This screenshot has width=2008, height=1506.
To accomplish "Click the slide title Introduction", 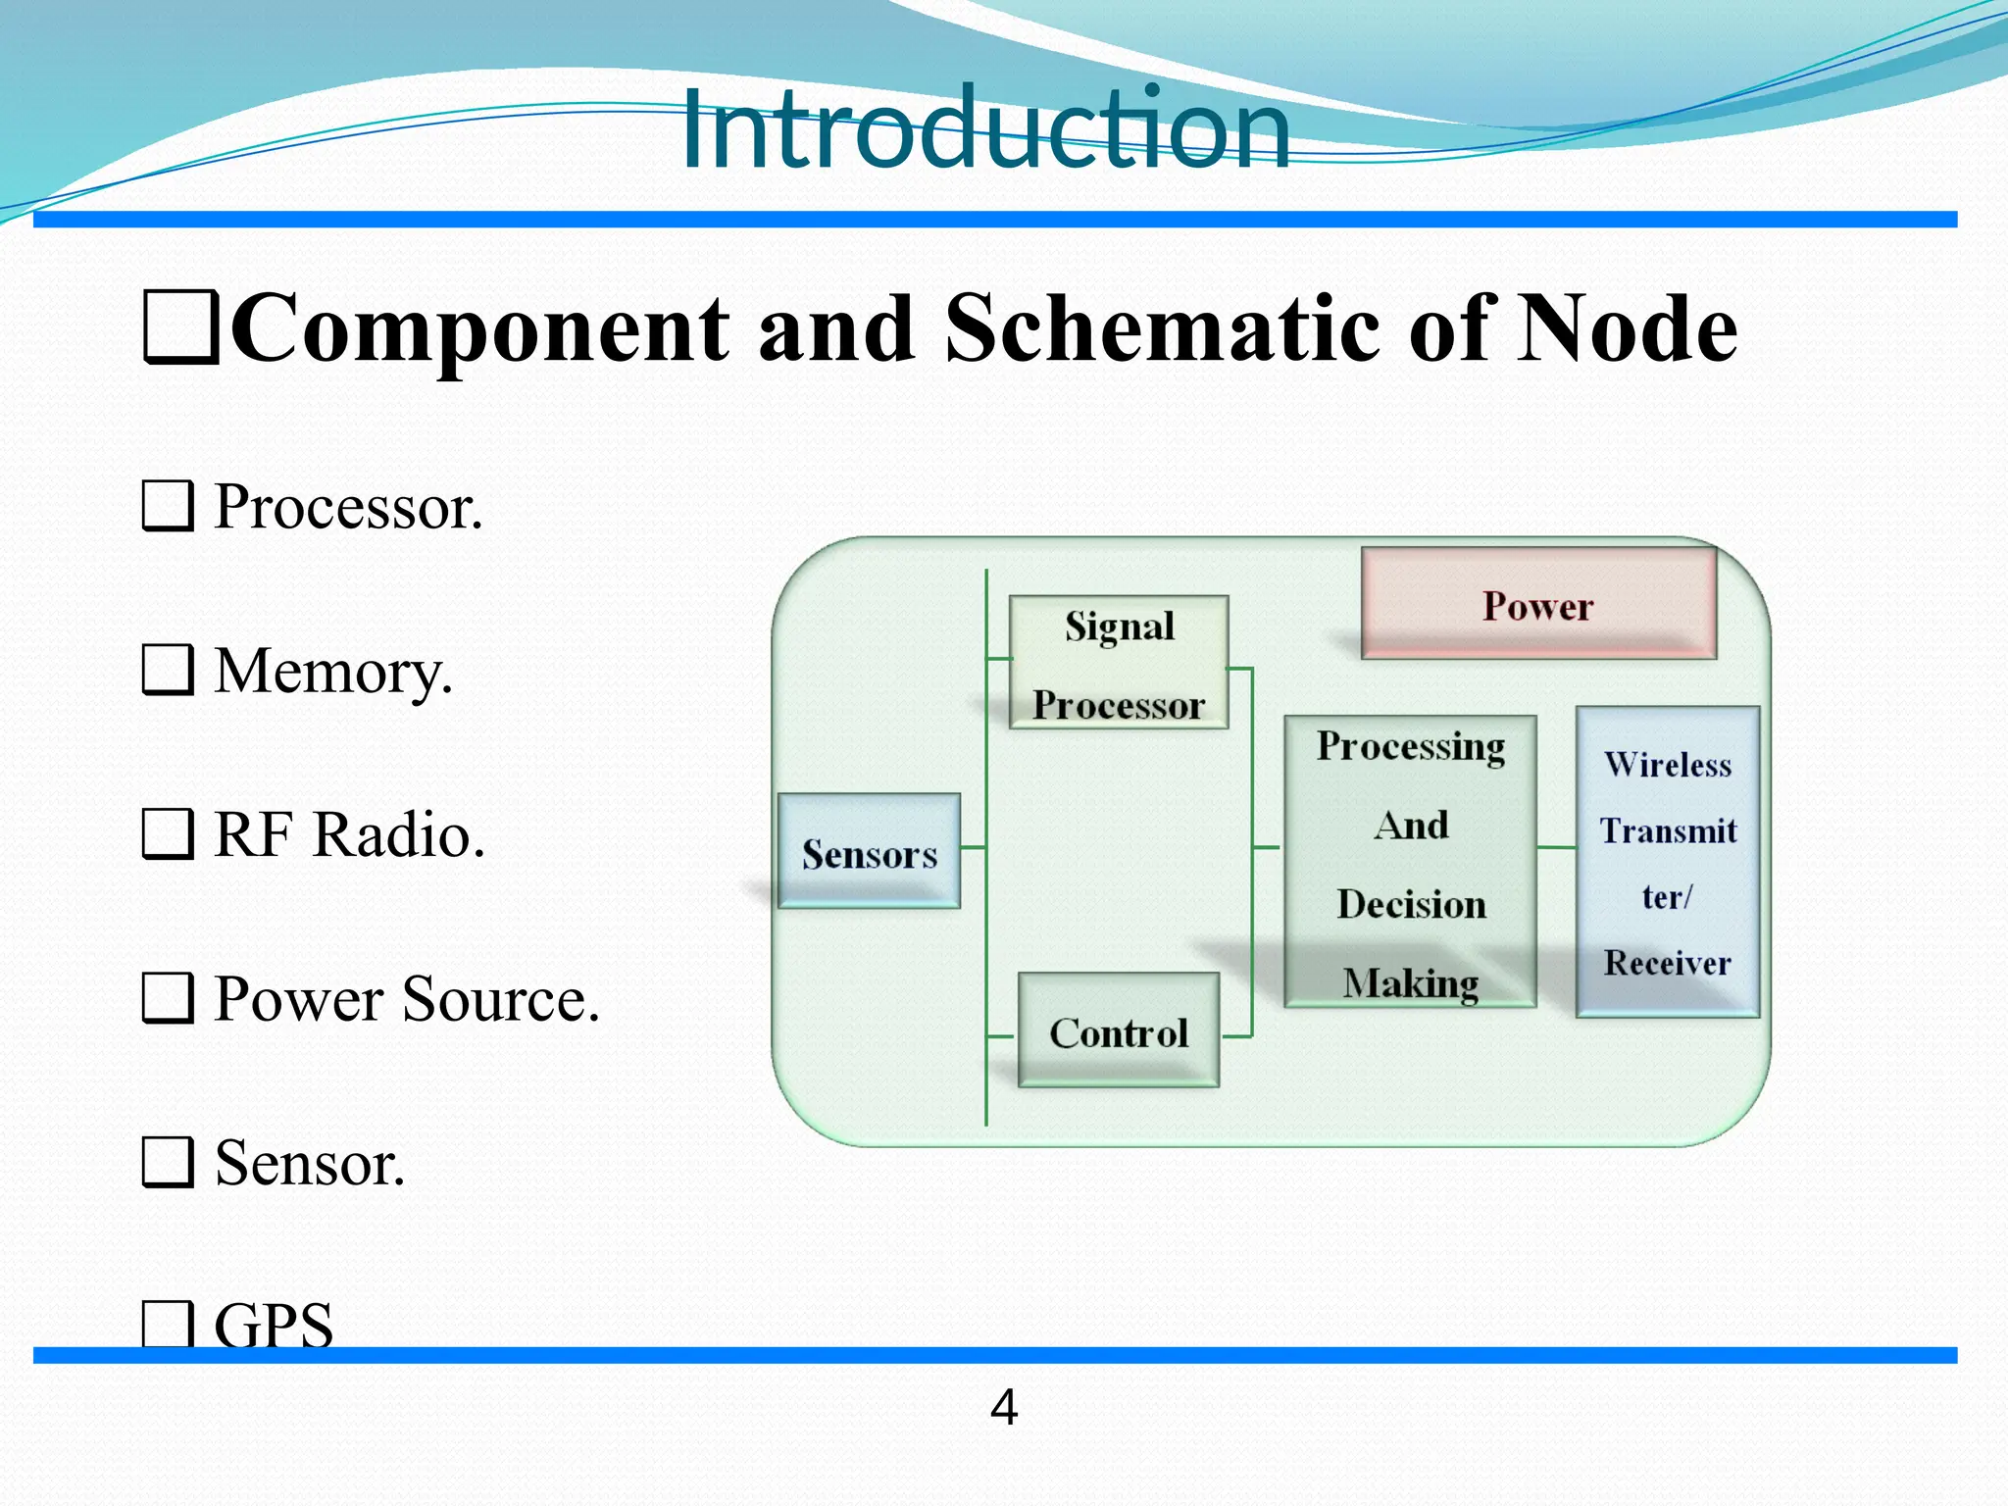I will pos(984,129).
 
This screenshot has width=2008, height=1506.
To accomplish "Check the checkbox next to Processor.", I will pos(168,506).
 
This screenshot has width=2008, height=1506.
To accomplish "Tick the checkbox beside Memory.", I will pos(168,671).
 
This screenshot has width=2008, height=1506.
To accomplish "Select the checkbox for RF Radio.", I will pos(168,834).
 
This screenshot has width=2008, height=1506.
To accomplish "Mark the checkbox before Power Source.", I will pos(168,998).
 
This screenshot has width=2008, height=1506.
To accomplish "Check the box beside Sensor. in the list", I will pos(168,1162).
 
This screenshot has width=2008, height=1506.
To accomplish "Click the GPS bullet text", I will pos(274,1325).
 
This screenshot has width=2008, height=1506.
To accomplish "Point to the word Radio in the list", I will pos(399,835).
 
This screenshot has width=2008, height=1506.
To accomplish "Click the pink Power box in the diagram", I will pos(1538,604).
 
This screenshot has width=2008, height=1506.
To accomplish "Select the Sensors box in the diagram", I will pos(869,851).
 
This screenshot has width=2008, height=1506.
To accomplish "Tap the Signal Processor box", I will pos(1119,663).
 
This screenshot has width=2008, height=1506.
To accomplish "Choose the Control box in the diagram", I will pos(1119,1030).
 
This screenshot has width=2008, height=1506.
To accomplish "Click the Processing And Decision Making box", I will pos(1410,862).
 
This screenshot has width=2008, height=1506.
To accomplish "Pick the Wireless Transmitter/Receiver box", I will pos(1667,862).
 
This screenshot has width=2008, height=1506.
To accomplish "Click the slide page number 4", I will pos(1004,1408).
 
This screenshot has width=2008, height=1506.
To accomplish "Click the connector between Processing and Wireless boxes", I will pos(1556,846).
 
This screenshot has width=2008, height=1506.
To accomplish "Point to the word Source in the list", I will pos(499,999).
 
